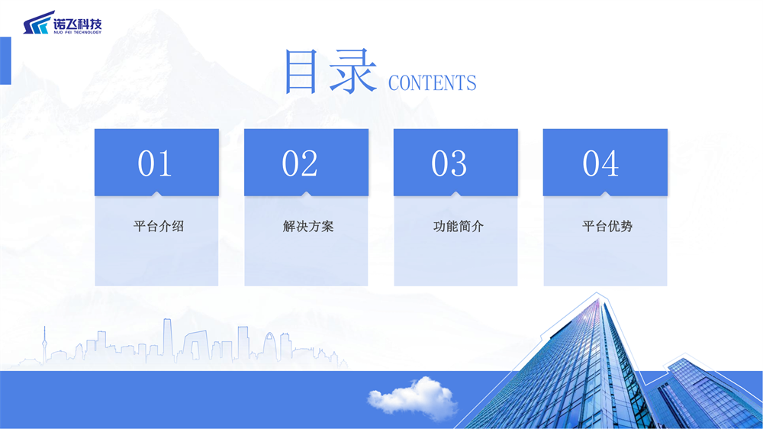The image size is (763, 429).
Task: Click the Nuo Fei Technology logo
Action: click(63, 23)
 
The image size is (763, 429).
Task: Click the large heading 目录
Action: click(330, 71)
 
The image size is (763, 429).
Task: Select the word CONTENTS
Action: click(432, 82)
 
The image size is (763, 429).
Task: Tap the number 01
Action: click(155, 163)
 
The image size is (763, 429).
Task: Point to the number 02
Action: click(300, 163)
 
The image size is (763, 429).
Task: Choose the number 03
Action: click(449, 163)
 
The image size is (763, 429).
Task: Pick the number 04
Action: click(601, 163)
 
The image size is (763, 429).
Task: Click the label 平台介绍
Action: click(159, 226)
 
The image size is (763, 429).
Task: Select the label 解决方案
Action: click(308, 226)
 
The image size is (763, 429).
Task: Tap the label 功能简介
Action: click(459, 226)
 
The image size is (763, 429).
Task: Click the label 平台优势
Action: click(607, 226)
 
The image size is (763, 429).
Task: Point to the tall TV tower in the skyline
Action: click(44, 345)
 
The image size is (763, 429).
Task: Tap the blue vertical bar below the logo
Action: click(5, 60)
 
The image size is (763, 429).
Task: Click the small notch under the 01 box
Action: click(156, 194)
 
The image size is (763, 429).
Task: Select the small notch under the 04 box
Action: click(605, 194)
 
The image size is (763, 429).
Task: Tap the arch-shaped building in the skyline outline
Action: click(269, 347)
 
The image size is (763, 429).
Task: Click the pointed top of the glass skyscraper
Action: click(597, 294)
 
